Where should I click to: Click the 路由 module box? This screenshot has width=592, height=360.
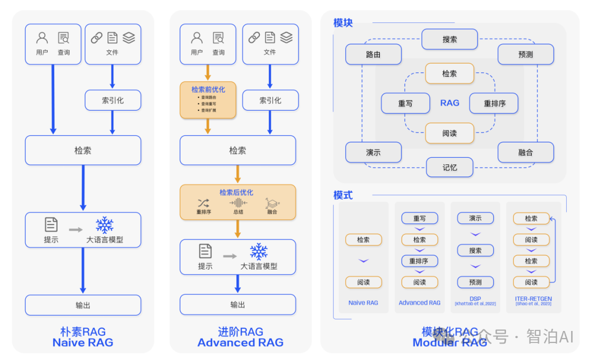coord(373,55)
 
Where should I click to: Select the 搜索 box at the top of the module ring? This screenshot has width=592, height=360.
coord(449,39)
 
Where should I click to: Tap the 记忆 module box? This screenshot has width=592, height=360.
coord(449,167)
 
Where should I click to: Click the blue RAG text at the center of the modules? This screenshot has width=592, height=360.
coord(449,103)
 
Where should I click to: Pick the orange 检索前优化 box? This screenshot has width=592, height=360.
coord(208,100)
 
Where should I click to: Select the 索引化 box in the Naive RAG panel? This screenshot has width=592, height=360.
coord(112,100)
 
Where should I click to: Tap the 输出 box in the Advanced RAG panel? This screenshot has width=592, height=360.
coord(237,305)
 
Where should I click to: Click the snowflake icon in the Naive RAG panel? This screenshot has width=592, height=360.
coord(104,225)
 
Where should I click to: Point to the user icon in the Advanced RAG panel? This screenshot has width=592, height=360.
coord(197,38)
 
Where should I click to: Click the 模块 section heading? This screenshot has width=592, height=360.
coord(343,23)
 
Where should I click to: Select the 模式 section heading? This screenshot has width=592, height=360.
coord(343,195)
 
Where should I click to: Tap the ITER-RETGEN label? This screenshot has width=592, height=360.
coord(533,299)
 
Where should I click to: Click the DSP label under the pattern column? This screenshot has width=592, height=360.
coord(475,299)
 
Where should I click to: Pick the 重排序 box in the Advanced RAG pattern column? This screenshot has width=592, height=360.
coord(419,261)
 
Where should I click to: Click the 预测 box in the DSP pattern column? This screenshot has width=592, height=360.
coord(475,282)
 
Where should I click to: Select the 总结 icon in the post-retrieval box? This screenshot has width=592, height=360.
coord(238,203)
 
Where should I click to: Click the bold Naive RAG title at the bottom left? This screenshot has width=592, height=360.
coord(83,342)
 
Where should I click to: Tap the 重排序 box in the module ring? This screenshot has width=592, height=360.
coord(494,103)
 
